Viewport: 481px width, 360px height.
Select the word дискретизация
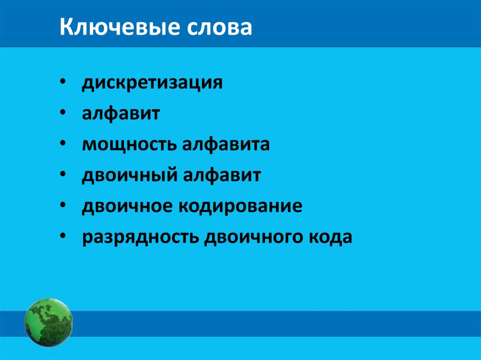click(152, 83)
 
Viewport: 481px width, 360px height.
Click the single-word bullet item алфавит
click(121, 114)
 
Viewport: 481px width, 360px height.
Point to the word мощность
click(128, 145)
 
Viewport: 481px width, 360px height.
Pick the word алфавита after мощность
click(225, 144)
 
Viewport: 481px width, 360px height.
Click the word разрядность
click(140, 237)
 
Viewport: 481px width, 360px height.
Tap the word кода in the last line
click(329, 237)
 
